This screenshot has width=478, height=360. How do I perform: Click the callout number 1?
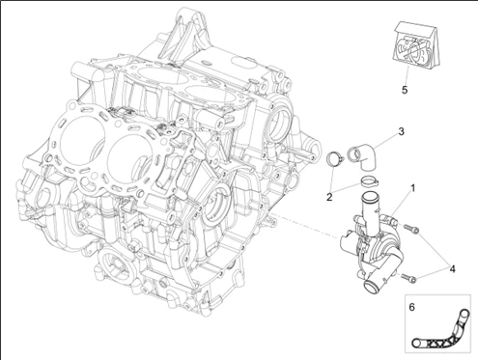(x=413, y=187)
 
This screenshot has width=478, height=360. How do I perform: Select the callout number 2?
(x=329, y=197)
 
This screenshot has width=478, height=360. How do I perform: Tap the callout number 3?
(x=401, y=131)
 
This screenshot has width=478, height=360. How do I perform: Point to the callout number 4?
(x=453, y=268)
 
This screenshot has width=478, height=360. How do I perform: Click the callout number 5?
(x=405, y=90)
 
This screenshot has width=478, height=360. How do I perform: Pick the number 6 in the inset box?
(x=412, y=307)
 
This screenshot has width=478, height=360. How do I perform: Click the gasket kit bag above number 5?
(x=413, y=45)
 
